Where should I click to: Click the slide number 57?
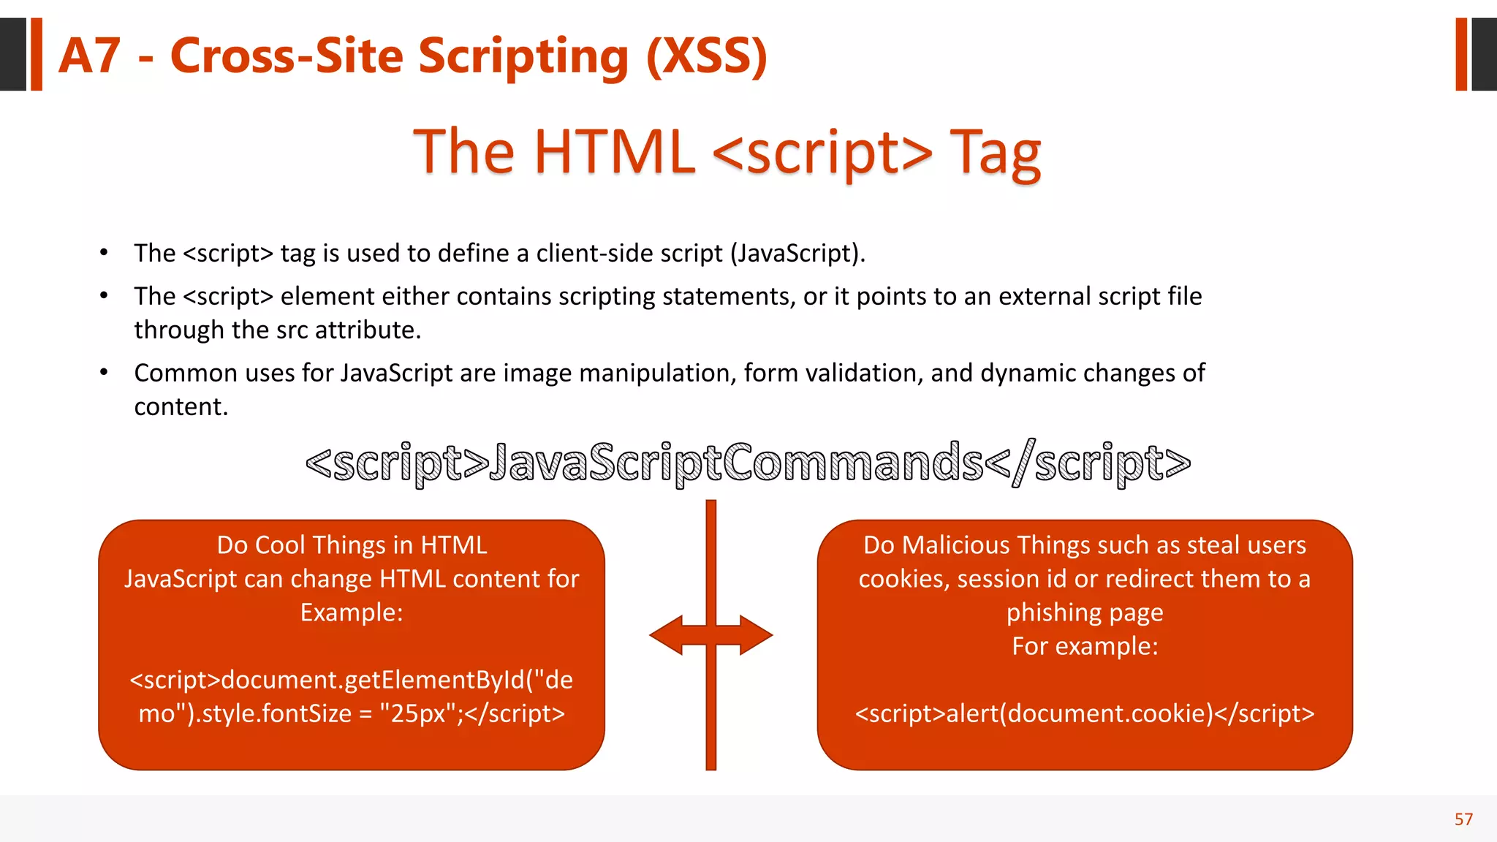click(1463, 819)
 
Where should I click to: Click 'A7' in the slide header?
click(89, 56)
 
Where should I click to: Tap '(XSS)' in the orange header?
click(707, 56)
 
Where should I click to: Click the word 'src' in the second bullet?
click(292, 330)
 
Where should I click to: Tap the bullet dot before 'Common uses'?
click(104, 373)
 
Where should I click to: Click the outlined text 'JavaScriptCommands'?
click(737, 463)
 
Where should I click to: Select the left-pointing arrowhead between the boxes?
click(667, 634)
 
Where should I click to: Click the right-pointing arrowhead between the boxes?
click(756, 634)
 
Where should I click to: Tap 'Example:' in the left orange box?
click(352, 612)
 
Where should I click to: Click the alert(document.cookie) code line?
click(1085, 713)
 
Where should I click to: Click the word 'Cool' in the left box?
click(279, 545)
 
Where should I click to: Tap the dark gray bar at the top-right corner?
click(1484, 54)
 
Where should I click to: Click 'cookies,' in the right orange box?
click(903, 579)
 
